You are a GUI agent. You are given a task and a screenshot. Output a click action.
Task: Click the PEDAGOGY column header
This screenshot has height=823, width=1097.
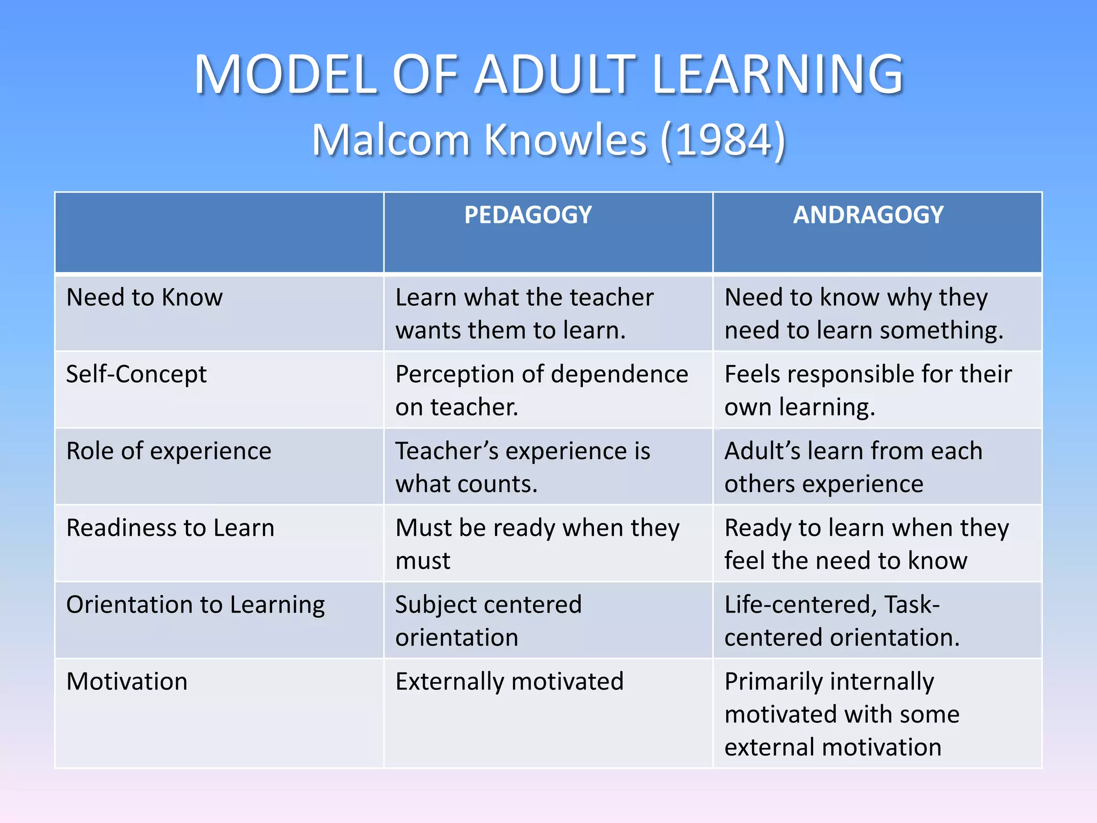pyautogui.click(x=528, y=215)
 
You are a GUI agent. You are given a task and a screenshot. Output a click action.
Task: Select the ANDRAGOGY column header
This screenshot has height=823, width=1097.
pyautogui.click(x=868, y=215)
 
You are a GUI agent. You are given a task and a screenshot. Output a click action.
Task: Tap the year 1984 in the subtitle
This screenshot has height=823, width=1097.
pyautogui.click(x=723, y=140)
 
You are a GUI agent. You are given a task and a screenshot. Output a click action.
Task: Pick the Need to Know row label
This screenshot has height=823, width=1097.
pyautogui.click(x=144, y=297)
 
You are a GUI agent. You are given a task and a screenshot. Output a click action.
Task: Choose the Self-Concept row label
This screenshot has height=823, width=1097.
pyautogui.click(x=136, y=375)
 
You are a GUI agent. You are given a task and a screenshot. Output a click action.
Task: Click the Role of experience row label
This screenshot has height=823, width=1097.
pyautogui.click(x=169, y=451)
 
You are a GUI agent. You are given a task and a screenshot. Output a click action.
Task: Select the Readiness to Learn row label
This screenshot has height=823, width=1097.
pyautogui.click(x=170, y=528)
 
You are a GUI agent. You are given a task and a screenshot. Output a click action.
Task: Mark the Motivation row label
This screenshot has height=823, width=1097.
pyautogui.click(x=127, y=682)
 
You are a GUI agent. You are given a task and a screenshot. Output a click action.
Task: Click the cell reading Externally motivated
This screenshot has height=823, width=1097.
pyautogui.click(x=509, y=682)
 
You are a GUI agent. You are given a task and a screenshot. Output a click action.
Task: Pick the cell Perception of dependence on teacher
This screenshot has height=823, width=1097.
pyautogui.click(x=541, y=391)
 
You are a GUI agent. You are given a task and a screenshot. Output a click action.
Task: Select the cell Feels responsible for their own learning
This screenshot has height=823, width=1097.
pyautogui.click(x=868, y=391)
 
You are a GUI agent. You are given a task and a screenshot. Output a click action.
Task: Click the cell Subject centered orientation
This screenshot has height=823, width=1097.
pyautogui.click(x=488, y=621)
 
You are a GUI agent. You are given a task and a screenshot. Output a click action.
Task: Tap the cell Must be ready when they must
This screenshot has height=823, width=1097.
pyautogui.click(x=537, y=544)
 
